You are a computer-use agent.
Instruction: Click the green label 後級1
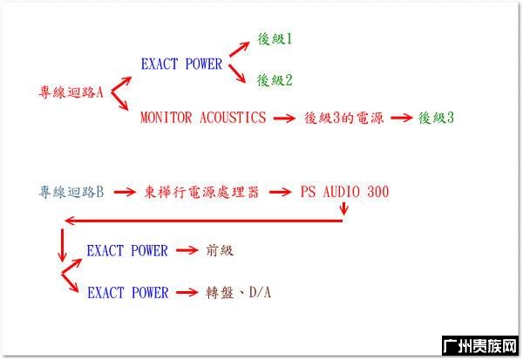coord(275,39)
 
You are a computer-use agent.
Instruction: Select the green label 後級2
coord(275,80)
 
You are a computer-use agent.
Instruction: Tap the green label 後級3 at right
coord(436,118)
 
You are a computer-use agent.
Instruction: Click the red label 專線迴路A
coord(71,92)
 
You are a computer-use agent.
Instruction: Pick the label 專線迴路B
coord(71,192)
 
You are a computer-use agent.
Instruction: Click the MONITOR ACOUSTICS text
coord(203,118)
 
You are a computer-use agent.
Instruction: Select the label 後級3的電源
coord(344,118)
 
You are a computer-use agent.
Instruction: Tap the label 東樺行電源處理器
coord(201,192)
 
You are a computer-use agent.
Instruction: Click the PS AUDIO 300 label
coord(344,192)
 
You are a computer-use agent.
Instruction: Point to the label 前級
coord(220,250)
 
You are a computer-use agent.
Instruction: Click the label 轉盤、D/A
coord(238,293)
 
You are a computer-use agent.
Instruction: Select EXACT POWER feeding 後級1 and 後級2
coord(181,64)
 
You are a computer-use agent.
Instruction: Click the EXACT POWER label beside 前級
coord(127,250)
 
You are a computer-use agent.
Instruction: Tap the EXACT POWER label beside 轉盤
coord(128,293)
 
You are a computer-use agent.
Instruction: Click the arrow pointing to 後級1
coord(239,49)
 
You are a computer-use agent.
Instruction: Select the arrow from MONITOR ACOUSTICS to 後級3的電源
coord(284,118)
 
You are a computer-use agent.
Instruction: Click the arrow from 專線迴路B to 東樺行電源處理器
coord(125,192)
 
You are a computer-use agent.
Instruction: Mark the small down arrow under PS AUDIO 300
coord(344,208)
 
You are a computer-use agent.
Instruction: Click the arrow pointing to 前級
coord(187,250)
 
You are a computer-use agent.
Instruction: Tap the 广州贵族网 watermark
coord(480,346)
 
